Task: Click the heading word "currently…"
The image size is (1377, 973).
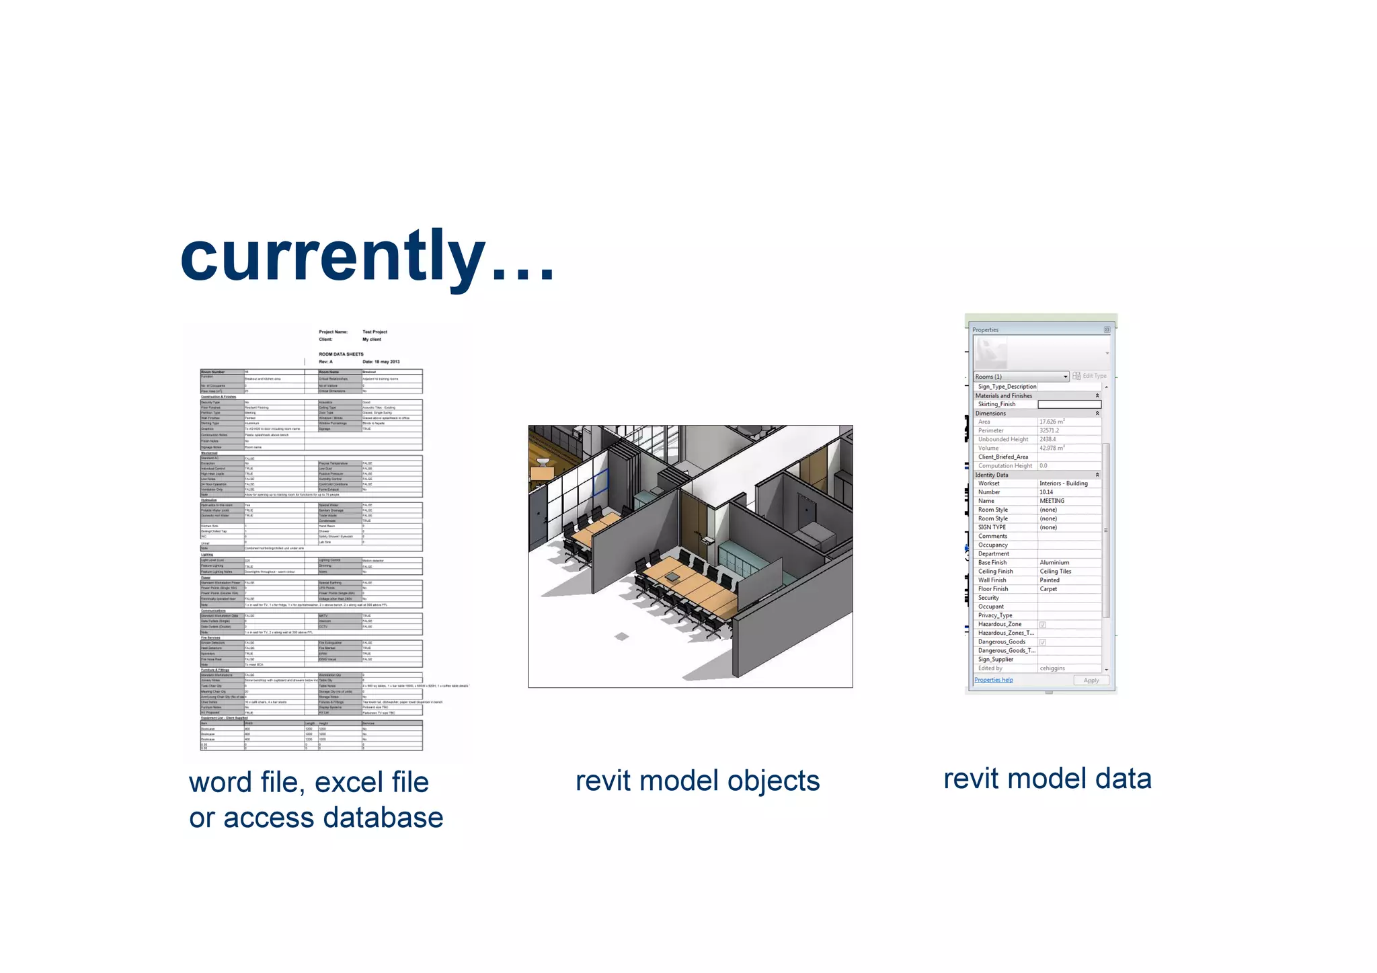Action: (x=367, y=257)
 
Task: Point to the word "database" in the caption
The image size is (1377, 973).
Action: (x=383, y=818)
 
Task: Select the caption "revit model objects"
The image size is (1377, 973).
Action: (x=697, y=781)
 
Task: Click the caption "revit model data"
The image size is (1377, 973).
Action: (x=1047, y=779)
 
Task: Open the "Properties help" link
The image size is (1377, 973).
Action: (x=993, y=680)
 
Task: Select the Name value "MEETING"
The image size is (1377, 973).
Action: (x=1052, y=501)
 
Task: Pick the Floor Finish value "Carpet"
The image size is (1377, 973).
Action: (x=1048, y=589)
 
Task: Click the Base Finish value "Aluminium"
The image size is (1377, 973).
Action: (x=1054, y=563)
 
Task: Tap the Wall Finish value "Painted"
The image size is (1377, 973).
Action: (x=1050, y=580)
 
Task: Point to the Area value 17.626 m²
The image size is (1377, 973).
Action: (x=1052, y=422)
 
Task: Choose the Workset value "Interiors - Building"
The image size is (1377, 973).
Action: (x=1063, y=483)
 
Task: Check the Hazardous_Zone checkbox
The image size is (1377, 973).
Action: (x=1043, y=625)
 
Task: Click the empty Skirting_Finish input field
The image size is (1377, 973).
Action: (x=1069, y=405)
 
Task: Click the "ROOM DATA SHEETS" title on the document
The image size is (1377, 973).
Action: (x=341, y=354)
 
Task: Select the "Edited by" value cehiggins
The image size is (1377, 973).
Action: (x=1052, y=668)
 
